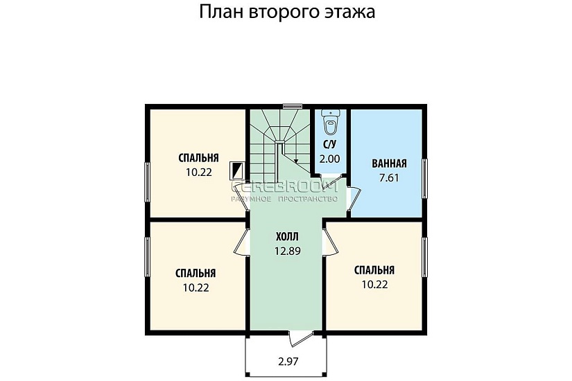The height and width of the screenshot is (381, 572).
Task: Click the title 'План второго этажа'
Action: (x=287, y=12)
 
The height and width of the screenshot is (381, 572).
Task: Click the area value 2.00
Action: (x=329, y=159)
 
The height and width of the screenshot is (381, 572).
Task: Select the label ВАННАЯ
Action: (x=388, y=164)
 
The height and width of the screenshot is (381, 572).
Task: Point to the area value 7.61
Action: (x=389, y=177)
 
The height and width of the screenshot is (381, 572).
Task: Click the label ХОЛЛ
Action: (x=287, y=236)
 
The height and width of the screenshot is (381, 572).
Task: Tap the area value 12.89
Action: (x=287, y=251)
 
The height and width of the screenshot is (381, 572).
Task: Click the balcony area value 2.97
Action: (x=289, y=361)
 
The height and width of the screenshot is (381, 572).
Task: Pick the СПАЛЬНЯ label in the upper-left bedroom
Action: (x=198, y=157)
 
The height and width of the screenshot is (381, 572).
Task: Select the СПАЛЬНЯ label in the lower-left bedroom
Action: (x=196, y=273)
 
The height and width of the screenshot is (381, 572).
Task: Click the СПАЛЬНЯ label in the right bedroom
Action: (x=374, y=270)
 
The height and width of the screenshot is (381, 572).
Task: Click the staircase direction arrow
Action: (x=296, y=160)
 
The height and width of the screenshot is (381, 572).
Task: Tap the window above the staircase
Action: (x=293, y=106)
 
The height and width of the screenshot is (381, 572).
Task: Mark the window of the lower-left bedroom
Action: (x=146, y=256)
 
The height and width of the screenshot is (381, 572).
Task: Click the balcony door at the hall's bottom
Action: (x=298, y=337)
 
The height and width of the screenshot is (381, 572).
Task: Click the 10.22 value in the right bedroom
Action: (x=374, y=284)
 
